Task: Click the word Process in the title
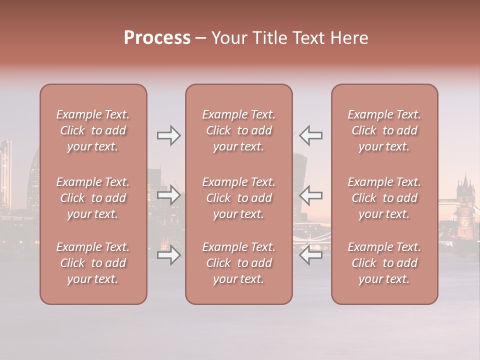pos(157,38)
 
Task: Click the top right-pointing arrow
pos(168,135)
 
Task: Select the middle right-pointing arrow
pos(168,194)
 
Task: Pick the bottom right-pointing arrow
pos(168,255)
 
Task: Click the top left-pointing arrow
pos(311,135)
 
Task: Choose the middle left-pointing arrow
pos(311,194)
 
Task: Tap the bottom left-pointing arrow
pos(311,255)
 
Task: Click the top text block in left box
pos(93,130)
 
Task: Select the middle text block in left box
pos(93,198)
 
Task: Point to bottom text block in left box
pos(93,263)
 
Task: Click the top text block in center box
pos(239,130)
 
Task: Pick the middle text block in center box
pos(239,198)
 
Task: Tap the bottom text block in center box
pos(239,263)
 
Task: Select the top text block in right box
pos(384,130)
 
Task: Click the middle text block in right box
pos(384,198)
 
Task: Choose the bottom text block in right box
pos(384,263)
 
